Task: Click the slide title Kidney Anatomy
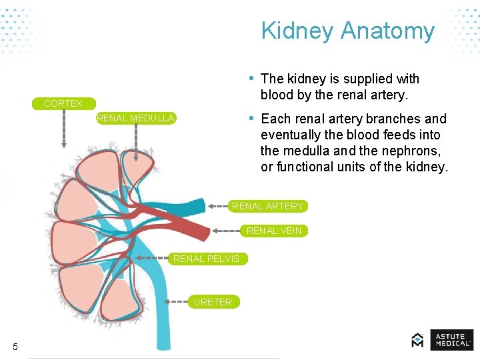(x=347, y=31)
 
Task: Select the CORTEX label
(x=63, y=103)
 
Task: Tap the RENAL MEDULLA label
(x=135, y=118)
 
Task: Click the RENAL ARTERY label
(x=267, y=206)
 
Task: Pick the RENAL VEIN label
(x=274, y=231)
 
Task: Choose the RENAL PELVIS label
(x=206, y=259)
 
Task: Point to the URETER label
(x=213, y=302)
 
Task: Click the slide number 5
(x=15, y=346)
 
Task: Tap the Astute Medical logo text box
(x=451, y=340)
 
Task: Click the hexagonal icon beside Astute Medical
(x=418, y=340)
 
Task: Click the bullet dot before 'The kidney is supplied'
(x=251, y=78)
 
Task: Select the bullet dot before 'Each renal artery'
(x=251, y=118)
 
